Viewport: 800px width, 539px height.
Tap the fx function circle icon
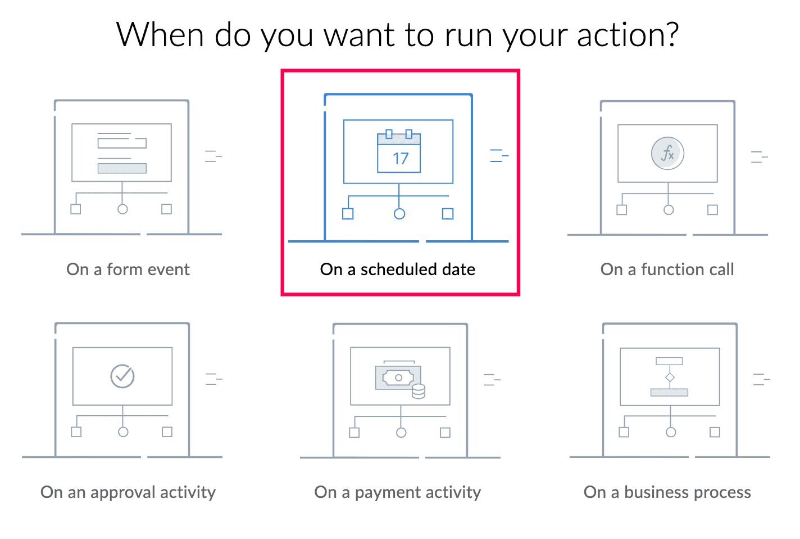point(667,153)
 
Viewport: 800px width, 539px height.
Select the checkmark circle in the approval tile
point(122,376)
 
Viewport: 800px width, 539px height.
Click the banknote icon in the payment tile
point(398,378)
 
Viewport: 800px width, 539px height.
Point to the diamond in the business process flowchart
point(670,378)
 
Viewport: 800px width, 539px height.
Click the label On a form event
point(128,269)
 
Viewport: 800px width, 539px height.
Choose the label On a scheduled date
point(398,269)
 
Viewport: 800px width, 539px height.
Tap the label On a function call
point(667,269)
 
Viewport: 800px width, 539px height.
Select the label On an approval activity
point(128,493)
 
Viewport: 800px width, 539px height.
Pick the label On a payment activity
point(398,493)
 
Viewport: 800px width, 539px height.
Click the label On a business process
point(667,493)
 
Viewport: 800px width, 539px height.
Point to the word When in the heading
point(160,34)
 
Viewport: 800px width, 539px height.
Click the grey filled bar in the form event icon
point(122,168)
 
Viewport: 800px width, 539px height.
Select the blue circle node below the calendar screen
point(399,214)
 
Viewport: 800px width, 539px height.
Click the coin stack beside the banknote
point(418,391)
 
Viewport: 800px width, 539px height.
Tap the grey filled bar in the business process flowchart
point(669,392)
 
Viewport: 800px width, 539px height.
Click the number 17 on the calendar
point(401,159)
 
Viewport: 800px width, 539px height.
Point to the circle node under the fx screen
point(669,210)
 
